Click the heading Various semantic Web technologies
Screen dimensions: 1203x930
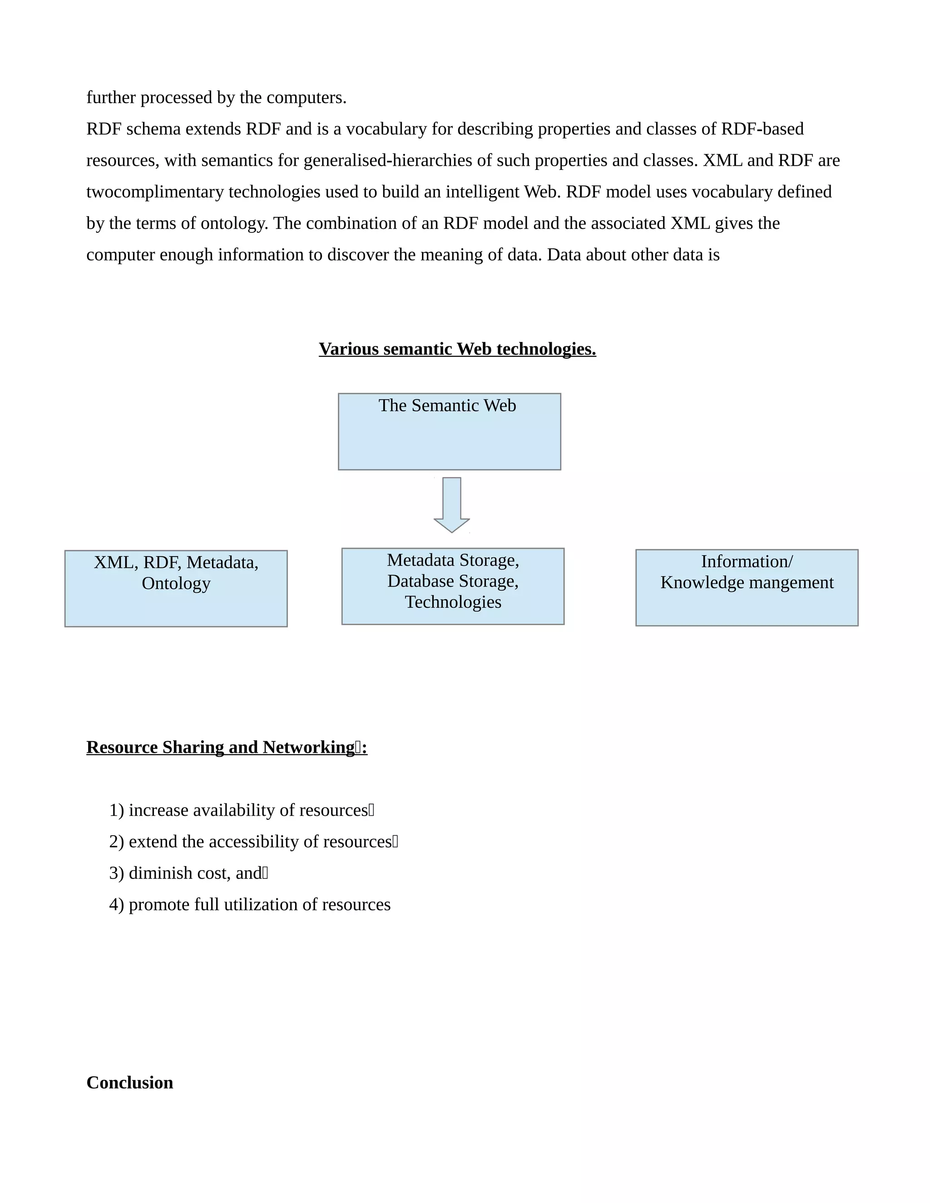[x=457, y=349]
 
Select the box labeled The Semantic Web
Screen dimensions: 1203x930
[x=449, y=432]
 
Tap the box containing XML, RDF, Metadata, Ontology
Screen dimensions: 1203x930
[x=176, y=589]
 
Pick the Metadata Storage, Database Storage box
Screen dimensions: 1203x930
[x=452, y=586]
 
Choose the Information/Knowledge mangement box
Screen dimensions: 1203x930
[x=747, y=588]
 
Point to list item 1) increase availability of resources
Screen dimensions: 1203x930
[x=241, y=810]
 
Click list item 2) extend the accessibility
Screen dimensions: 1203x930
[x=253, y=842]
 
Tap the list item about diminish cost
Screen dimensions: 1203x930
[x=188, y=873]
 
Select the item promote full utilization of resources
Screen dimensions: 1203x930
[x=250, y=904]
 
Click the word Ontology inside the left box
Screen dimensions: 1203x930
[x=176, y=583]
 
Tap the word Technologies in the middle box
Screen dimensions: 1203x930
[x=453, y=602]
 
